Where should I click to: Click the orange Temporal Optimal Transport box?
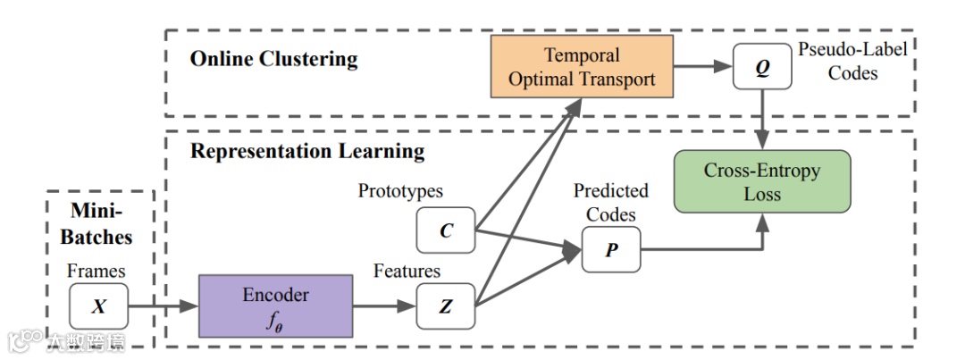(582, 68)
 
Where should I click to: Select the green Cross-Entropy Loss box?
(761, 181)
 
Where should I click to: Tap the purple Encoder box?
(276, 306)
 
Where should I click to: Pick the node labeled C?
(446, 230)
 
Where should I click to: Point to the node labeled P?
(611, 250)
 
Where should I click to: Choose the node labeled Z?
(446, 306)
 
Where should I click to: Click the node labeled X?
(98, 306)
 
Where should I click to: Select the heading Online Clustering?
(273, 60)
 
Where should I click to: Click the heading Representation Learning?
(307, 150)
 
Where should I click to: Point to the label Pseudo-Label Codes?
(852, 61)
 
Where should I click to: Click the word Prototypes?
(400, 190)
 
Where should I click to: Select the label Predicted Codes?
(611, 203)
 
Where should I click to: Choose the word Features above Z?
(407, 271)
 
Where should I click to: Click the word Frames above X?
(95, 271)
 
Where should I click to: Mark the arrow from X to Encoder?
(162, 306)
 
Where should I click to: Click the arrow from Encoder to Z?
(385, 306)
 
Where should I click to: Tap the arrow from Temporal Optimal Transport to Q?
(701, 68)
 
